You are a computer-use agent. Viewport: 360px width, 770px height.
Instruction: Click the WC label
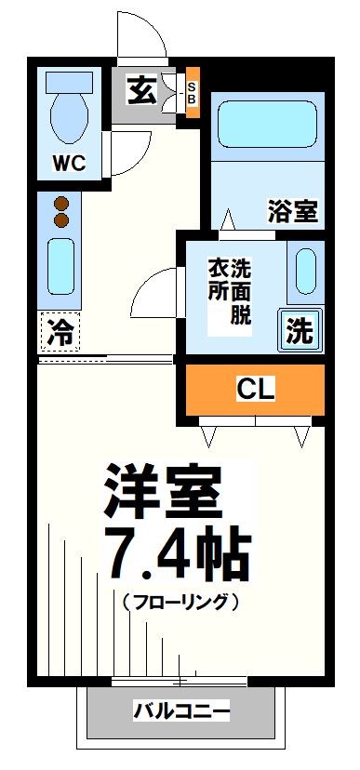[x=69, y=164]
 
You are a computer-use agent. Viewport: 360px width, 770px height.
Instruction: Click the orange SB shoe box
[x=192, y=92]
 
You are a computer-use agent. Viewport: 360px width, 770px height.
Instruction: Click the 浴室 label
[x=292, y=211]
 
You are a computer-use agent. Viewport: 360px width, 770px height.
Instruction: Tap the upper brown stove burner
[x=62, y=204]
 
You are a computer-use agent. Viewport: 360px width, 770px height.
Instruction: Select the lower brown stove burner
[x=62, y=220]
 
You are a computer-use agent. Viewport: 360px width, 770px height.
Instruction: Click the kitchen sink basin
[x=61, y=268]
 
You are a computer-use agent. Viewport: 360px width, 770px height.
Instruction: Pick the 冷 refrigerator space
[x=60, y=332]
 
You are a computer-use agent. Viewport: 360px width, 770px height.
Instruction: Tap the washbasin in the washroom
[x=305, y=271]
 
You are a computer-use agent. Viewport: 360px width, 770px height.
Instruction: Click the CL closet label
[x=255, y=390]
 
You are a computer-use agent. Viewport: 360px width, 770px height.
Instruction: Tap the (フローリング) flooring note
[x=181, y=603]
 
